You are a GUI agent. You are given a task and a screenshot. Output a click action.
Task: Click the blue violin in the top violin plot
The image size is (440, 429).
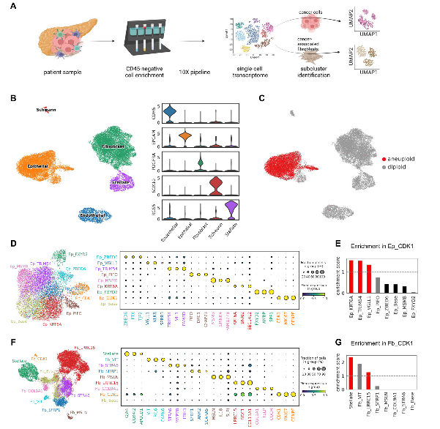(169, 111)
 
